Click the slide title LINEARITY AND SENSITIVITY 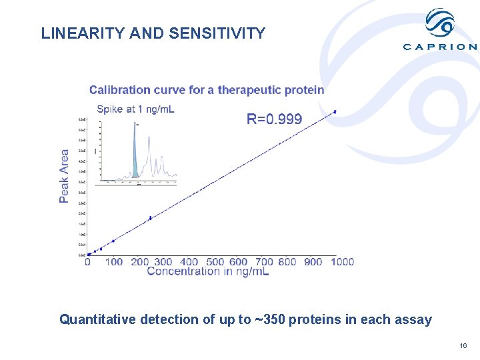(x=153, y=33)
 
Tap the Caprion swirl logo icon (x=440, y=23)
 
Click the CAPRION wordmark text (x=440, y=47)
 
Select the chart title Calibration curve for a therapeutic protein (x=207, y=89)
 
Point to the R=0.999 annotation (x=274, y=119)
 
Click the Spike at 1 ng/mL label (x=135, y=109)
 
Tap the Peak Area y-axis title (x=64, y=176)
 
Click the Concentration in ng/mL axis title (x=207, y=271)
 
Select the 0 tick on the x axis (x=87, y=262)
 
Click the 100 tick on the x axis (x=114, y=262)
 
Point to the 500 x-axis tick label (x=215, y=262)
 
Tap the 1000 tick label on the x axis (x=342, y=262)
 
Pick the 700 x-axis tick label (x=265, y=262)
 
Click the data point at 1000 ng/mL (x=335, y=111)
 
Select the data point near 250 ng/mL (x=151, y=217)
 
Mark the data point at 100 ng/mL (x=113, y=241)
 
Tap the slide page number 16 (x=463, y=345)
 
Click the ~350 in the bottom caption (x=262, y=319)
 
